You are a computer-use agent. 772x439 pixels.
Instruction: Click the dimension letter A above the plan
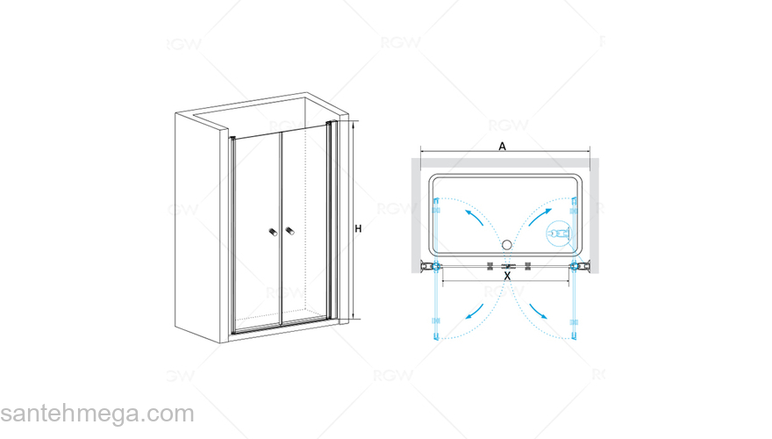click(502, 147)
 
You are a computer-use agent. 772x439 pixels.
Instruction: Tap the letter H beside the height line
click(359, 228)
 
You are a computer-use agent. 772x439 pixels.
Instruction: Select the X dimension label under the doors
click(508, 277)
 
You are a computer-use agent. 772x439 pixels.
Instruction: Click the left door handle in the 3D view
click(273, 232)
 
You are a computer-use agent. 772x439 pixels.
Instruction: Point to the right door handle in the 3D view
click(289, 231)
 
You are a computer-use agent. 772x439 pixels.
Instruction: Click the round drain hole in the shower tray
click(507, 244)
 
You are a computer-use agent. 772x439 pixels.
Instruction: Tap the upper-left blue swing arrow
click(474, 217)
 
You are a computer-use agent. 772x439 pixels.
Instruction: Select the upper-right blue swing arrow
click(540, 217)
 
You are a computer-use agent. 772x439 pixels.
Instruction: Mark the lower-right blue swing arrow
click(539, 312)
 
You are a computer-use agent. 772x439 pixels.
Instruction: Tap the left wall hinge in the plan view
click(431, 267)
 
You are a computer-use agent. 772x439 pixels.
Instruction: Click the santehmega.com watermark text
click(97, 414)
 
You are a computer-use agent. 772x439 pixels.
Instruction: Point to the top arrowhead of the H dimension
click(353, 124)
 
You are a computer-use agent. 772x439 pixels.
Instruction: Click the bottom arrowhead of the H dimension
click(353, 316)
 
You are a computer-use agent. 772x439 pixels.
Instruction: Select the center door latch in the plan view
click(508, 267)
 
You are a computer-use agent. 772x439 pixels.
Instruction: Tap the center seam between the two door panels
click(281, 229)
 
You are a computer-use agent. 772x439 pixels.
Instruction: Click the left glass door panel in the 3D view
click(257, 233)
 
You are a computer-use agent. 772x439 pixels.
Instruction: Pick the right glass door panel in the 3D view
click(304, 227)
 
